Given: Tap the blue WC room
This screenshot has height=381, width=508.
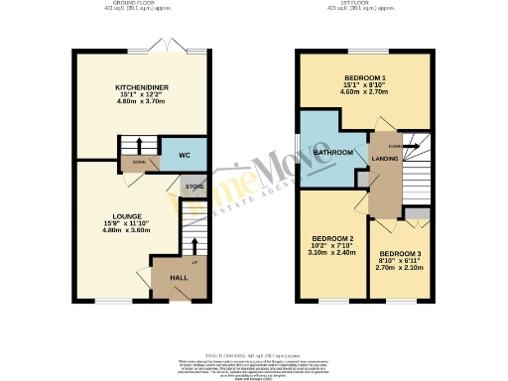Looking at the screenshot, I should [184, 156].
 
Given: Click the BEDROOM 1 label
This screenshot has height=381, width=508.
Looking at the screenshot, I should [365, 76].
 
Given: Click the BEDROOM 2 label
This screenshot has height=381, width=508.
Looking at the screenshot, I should [332, 239].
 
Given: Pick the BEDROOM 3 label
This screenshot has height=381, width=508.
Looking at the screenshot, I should [400, 254].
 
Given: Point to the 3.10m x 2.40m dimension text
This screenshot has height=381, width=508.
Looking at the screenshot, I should [332, 254].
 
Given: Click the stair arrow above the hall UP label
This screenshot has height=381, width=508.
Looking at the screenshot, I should [194, 245].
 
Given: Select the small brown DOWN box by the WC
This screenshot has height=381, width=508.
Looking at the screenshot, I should [138, 160].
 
